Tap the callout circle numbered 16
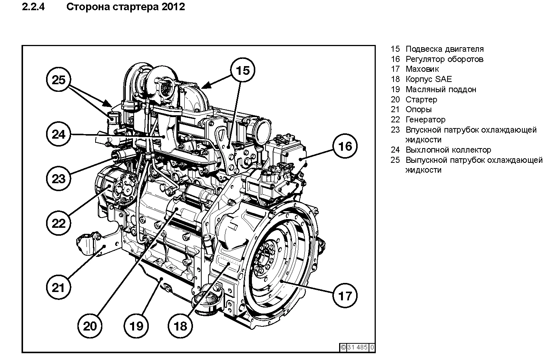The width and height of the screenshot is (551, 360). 345,146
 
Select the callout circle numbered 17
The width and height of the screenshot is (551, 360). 345,295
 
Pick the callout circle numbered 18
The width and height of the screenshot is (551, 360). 181,326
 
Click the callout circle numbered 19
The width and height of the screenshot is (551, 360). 136,326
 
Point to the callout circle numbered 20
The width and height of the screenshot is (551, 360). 90,326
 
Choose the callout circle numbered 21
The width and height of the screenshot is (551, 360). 59,288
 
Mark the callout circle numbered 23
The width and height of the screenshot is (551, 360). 59,178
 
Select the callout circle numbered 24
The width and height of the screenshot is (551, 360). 59,134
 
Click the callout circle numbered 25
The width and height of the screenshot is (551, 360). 59,80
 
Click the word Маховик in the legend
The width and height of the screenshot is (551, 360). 422,69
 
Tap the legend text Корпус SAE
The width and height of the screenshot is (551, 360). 429,79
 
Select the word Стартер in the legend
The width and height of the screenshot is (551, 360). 421,100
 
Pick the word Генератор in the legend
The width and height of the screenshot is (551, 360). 426,120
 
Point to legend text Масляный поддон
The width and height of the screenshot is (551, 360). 441,90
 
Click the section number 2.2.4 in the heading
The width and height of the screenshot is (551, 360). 34,7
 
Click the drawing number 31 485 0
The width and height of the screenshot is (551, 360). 357,347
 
